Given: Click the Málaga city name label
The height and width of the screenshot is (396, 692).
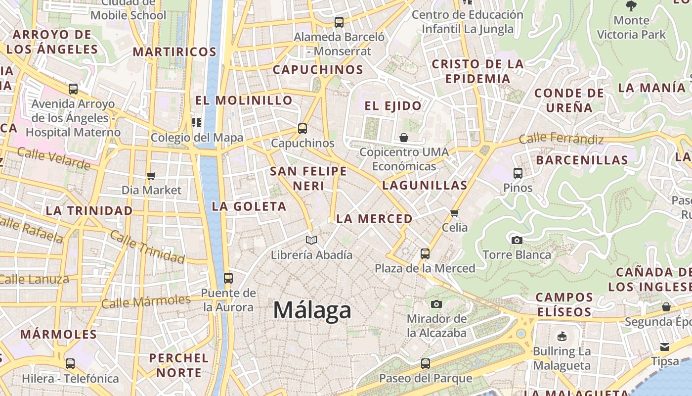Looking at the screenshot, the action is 312,310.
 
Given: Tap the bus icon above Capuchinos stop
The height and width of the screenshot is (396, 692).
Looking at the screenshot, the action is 303,129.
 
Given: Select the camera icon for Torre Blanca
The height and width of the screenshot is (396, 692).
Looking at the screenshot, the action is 517,241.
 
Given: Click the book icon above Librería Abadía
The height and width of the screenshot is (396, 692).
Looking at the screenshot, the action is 311,241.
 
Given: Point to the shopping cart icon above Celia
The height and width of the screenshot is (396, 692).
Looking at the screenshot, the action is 455,213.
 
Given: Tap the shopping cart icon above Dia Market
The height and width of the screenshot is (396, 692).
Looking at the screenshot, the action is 151,176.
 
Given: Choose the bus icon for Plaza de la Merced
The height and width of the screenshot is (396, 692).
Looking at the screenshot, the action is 425,254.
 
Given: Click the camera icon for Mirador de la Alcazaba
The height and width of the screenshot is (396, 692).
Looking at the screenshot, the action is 436,304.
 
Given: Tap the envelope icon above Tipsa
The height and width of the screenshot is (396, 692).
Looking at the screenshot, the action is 665,347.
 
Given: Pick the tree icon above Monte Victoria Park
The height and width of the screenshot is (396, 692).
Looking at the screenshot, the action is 631,6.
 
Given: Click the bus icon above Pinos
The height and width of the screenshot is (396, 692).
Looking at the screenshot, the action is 518,173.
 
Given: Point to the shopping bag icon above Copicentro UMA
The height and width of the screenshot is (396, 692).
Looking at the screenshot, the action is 404,138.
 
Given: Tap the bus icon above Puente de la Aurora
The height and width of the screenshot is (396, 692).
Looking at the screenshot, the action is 228,278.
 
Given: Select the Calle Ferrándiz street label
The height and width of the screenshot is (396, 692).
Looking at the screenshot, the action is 561,139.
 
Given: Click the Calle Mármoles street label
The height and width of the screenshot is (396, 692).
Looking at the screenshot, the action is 146,301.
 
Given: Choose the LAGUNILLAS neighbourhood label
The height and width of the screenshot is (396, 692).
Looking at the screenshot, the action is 425,186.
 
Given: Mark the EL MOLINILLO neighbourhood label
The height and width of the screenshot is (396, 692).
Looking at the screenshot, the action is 244,100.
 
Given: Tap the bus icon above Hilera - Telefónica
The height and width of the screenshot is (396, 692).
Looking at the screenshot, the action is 70,364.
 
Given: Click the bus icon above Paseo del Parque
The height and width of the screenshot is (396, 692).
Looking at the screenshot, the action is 426,364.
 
